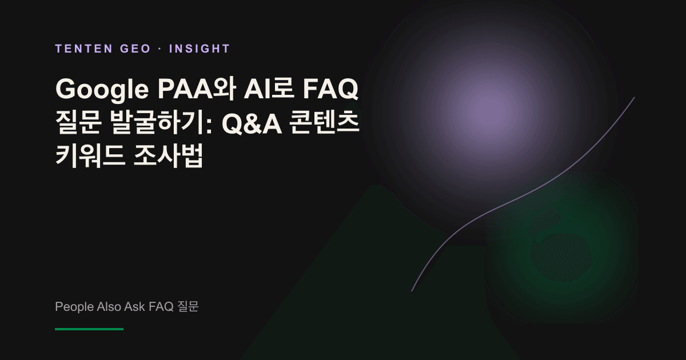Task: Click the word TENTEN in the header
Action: [84, 49]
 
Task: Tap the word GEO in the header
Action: [135, 49]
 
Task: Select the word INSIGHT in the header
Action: [200, 49]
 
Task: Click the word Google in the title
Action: [102, 90]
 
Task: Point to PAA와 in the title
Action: [197, 89]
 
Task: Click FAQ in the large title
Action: [330, 89]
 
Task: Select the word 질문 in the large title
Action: [78, 122]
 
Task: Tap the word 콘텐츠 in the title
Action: [324, 122]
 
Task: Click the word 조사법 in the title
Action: [168, 155]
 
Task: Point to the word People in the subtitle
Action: [74, 307]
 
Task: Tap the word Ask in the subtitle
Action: [135, 306]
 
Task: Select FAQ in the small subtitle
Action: [161, 307]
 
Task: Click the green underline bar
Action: [89, 329]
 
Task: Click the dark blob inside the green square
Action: [562, 257]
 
